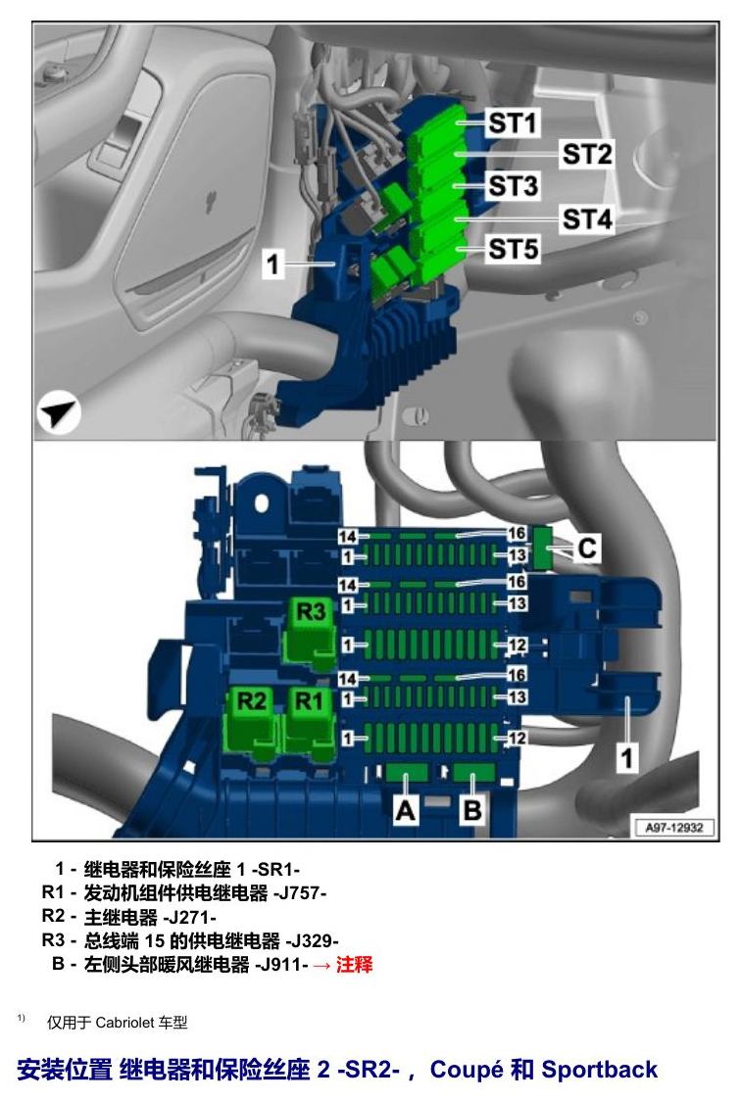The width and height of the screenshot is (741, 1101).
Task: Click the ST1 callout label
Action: pos(513,122)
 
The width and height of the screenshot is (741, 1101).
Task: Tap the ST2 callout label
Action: pos(587,154)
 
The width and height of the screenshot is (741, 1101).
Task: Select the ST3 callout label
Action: pos(514,186)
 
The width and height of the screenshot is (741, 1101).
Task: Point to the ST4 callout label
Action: pos(587,219)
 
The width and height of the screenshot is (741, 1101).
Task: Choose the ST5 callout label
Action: pos(514,249)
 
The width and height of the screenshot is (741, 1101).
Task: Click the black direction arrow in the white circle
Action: pos(58,412)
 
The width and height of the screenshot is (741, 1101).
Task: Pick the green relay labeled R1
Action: pos(309,723)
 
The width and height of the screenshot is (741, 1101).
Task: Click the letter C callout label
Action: pos(587,548)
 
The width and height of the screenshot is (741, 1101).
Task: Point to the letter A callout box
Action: pos(405,811)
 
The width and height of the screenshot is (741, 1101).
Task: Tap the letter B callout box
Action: pos(472,811)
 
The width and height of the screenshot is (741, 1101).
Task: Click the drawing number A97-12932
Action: pos(674,827)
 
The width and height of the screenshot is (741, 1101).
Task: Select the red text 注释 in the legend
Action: pos(354,964)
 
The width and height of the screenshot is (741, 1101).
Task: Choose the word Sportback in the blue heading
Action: pos(600,1070)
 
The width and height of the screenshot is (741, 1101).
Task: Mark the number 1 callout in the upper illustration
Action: pos(272,264)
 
